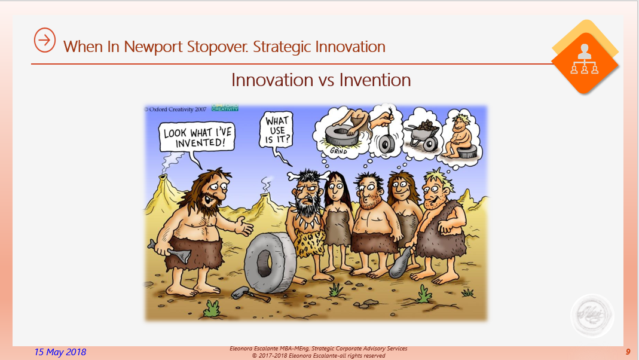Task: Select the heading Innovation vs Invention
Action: [321, 80]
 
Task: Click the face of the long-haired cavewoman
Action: [335, 187]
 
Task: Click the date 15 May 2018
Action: [60, 352]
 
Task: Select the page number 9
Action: [628, 352]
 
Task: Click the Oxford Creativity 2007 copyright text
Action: [175, 110]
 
